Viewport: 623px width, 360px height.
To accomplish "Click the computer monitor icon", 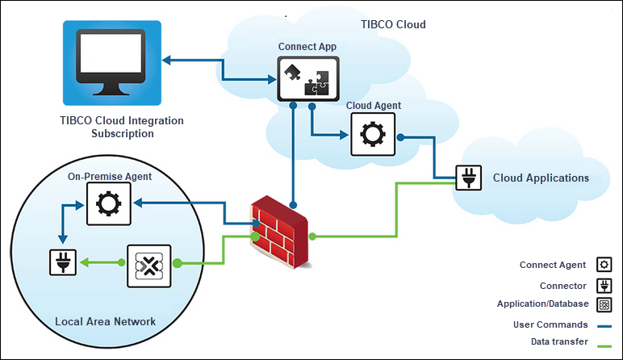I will pyautogui.click(x=112, y=62).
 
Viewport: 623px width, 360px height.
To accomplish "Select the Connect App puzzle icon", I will pyautogui.click(x=303, y=79).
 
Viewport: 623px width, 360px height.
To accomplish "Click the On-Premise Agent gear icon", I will pyautogui.click(x=107, y=204).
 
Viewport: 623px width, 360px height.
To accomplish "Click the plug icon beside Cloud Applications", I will pyautogui.click(x=468, y=178).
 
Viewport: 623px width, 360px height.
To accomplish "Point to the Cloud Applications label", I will pyautogui.click(x=541, y=178).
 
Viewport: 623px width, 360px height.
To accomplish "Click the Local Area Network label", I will pyautogui.click(x=105, y=322).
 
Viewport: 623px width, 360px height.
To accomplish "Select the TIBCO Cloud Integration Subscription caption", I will pyautogui.click(x=122, y=127).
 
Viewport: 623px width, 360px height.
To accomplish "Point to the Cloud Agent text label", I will pyautogui.click(x=373, y=106).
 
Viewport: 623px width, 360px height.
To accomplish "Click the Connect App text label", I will pyautogui.click(x=307, y=47).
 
